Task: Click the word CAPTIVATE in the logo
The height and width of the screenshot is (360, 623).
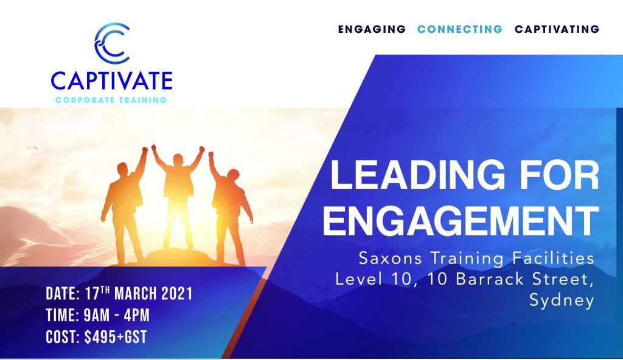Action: coord(112,81)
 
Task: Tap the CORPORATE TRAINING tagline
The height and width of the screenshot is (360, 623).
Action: coord(111,100)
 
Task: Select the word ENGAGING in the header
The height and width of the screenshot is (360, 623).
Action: coord(372,29)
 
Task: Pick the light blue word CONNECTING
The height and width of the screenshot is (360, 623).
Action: coord(460,29)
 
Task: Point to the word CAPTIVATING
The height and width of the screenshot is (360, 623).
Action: coord(557,29)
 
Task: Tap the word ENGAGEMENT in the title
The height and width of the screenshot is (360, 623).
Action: coord(461,221)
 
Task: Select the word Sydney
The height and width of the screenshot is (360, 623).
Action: coord(562,300)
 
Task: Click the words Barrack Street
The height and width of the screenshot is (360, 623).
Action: coord(521,279)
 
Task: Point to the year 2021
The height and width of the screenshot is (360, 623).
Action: coord(177,294)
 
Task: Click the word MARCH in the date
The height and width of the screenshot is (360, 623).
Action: coord(136,294)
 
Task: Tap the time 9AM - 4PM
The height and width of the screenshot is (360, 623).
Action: coord(116,316)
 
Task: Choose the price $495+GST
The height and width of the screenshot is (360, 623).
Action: coord(116,337)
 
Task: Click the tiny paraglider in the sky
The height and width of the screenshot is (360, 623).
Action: coord(32,150)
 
